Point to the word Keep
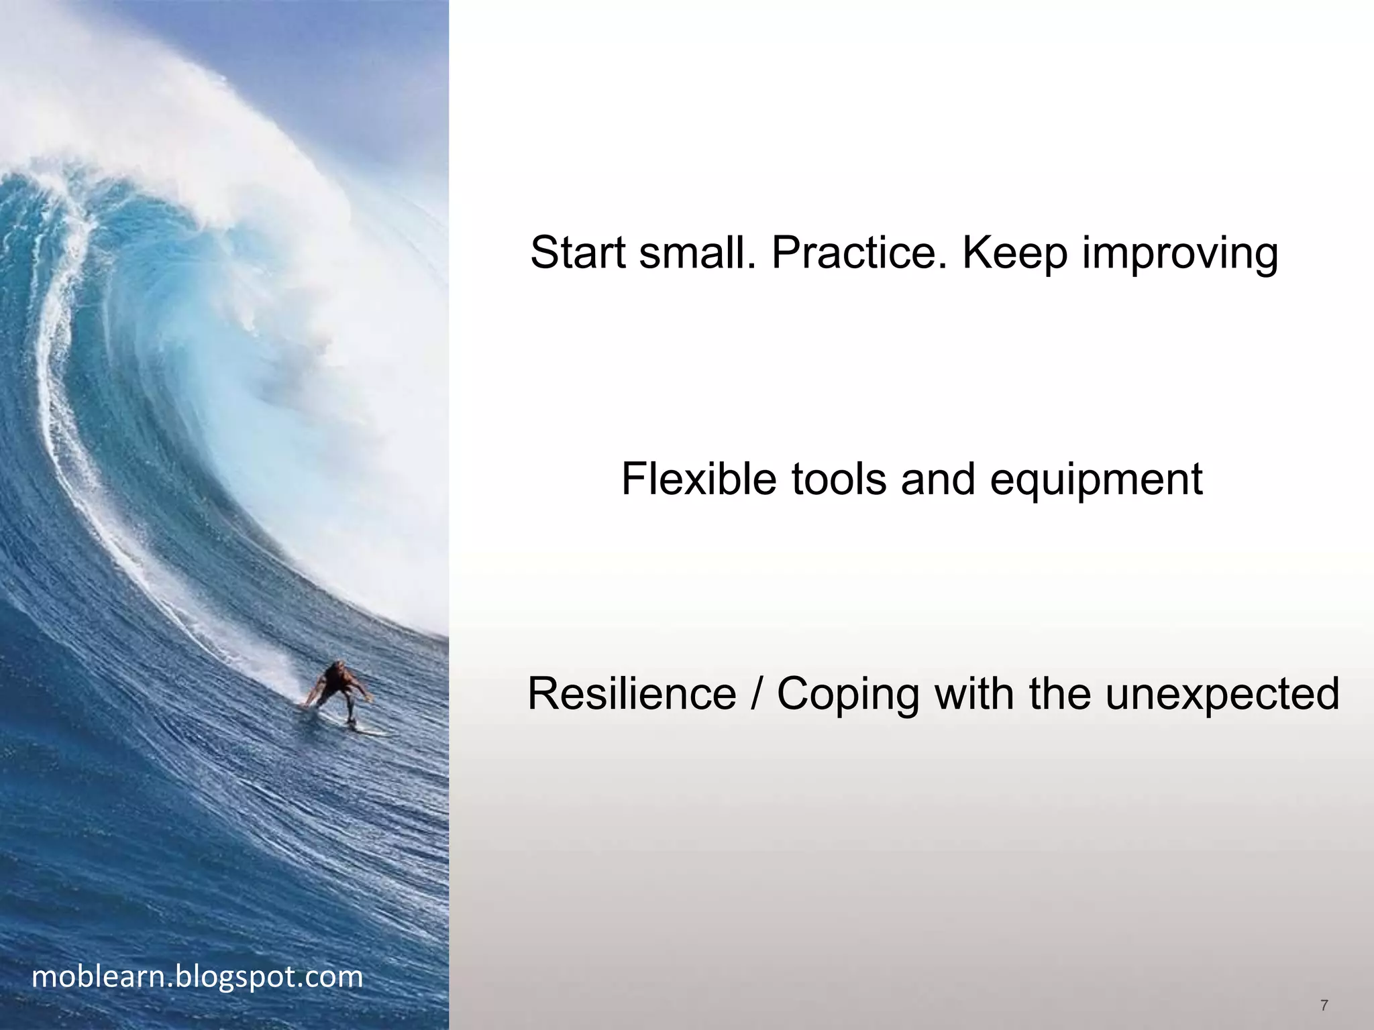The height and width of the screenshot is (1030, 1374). (x=1014, y=253)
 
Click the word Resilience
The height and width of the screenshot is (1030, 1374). (x=631, y=693)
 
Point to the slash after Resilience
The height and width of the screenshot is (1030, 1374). (x=757, y=693)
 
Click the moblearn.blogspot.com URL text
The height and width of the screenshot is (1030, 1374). (x=197, y=977)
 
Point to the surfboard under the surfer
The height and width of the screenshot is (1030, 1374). (x=356, y=727)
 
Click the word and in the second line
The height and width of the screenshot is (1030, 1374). (x=938, y=479)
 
